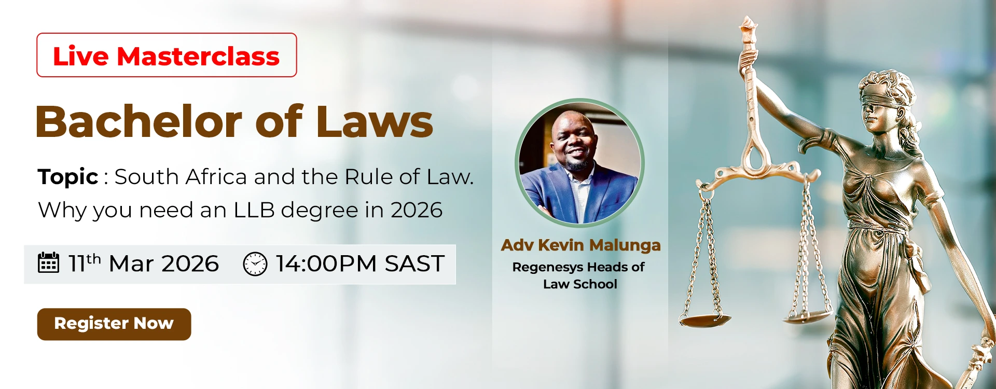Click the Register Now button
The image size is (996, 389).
tap(114, 324)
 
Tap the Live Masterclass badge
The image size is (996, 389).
tap(167, 55)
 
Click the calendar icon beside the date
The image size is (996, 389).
tap(49, 262)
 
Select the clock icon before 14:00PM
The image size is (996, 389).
tap(255, 263)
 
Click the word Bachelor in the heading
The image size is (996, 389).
tap(139, 121)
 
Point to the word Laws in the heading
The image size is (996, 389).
tap(375, 121)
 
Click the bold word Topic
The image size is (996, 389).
tap(68, 177)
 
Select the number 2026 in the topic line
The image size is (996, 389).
tap(417, 210)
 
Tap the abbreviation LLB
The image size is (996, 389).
tap(254, 210)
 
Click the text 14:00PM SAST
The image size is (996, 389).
tap(360, 263)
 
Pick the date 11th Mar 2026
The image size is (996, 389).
tap(144, 263)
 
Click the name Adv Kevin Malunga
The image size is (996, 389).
tap(580, 245)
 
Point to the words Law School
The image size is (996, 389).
tap(580, 284)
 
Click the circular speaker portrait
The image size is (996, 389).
tap(580, 163)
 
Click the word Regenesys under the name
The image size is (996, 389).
tap(548, 268)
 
